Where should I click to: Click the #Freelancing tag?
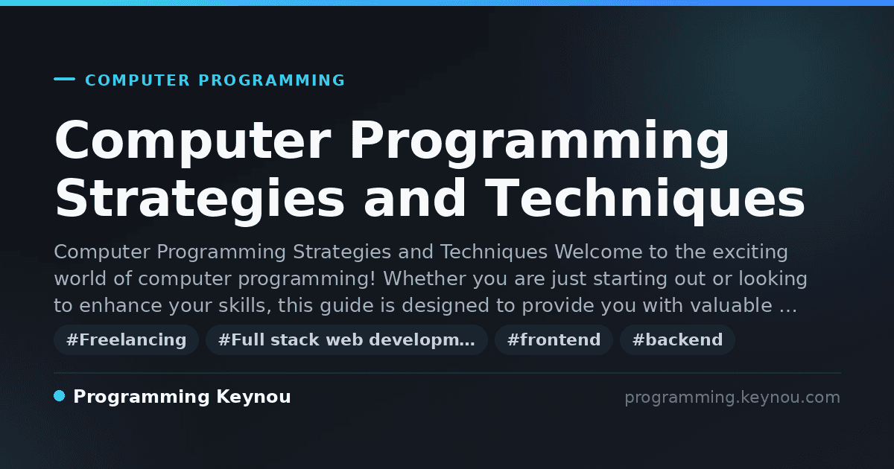126,339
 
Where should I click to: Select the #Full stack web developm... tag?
346,339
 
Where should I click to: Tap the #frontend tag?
554,339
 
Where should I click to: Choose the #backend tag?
677,339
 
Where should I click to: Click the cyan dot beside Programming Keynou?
60,396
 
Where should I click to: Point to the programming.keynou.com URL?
732,398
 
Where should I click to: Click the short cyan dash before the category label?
64,79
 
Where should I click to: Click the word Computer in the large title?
193,141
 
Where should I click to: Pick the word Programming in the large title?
539,141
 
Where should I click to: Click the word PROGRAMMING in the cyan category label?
271,80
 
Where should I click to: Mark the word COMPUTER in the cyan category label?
137,80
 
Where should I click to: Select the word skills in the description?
244,305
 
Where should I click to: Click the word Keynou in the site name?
253,397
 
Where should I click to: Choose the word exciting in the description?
750,252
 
